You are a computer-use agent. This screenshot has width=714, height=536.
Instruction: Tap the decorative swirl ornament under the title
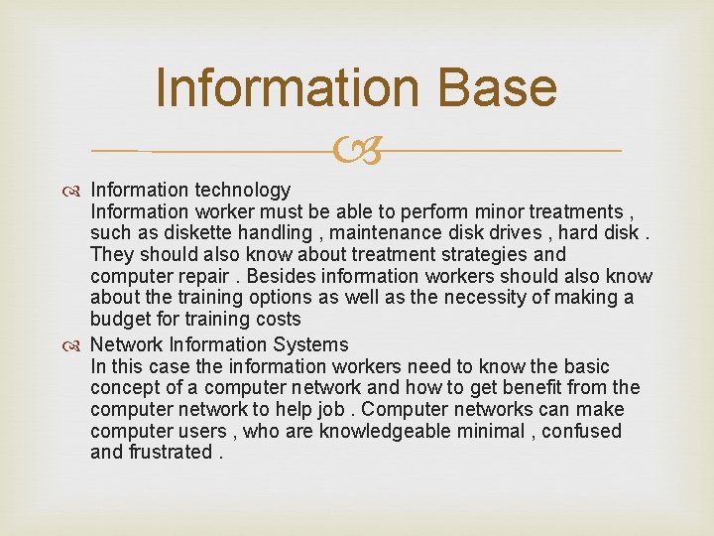[x=357, y=152]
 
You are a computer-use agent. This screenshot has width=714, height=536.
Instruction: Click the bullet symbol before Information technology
[x=77, y=190]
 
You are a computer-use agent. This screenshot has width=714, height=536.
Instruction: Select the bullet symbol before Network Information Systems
[x=77, y=344]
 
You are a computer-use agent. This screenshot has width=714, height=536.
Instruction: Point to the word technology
[x=242, y=190]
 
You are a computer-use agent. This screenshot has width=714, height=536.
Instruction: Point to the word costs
[x=277, y=320]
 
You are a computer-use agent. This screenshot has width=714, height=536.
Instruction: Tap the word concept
[x=122, y=388]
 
